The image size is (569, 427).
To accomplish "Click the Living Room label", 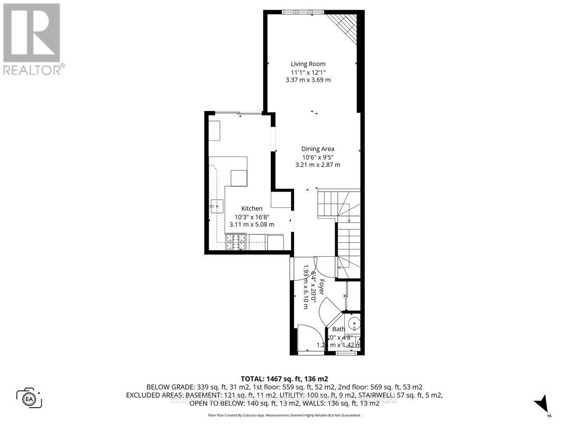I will click(308, 64).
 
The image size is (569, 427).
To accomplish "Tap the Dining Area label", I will click(318, 149).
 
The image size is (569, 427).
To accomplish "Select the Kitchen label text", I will click(252, 208).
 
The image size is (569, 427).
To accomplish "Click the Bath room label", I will click(339, 329).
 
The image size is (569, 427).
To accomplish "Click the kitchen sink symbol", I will click(217, 206).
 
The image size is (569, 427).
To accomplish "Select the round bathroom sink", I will click(353, 325).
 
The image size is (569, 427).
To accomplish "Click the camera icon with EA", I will click(29, 398).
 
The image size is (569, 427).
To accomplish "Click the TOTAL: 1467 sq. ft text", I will click(284, 379).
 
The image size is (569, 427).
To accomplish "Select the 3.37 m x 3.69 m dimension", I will click(308, 80).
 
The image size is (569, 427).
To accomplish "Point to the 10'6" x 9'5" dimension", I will click(318, 157).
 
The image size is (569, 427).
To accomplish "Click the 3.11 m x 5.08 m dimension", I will click(252, 224).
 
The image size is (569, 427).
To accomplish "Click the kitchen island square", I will click(239, 178).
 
